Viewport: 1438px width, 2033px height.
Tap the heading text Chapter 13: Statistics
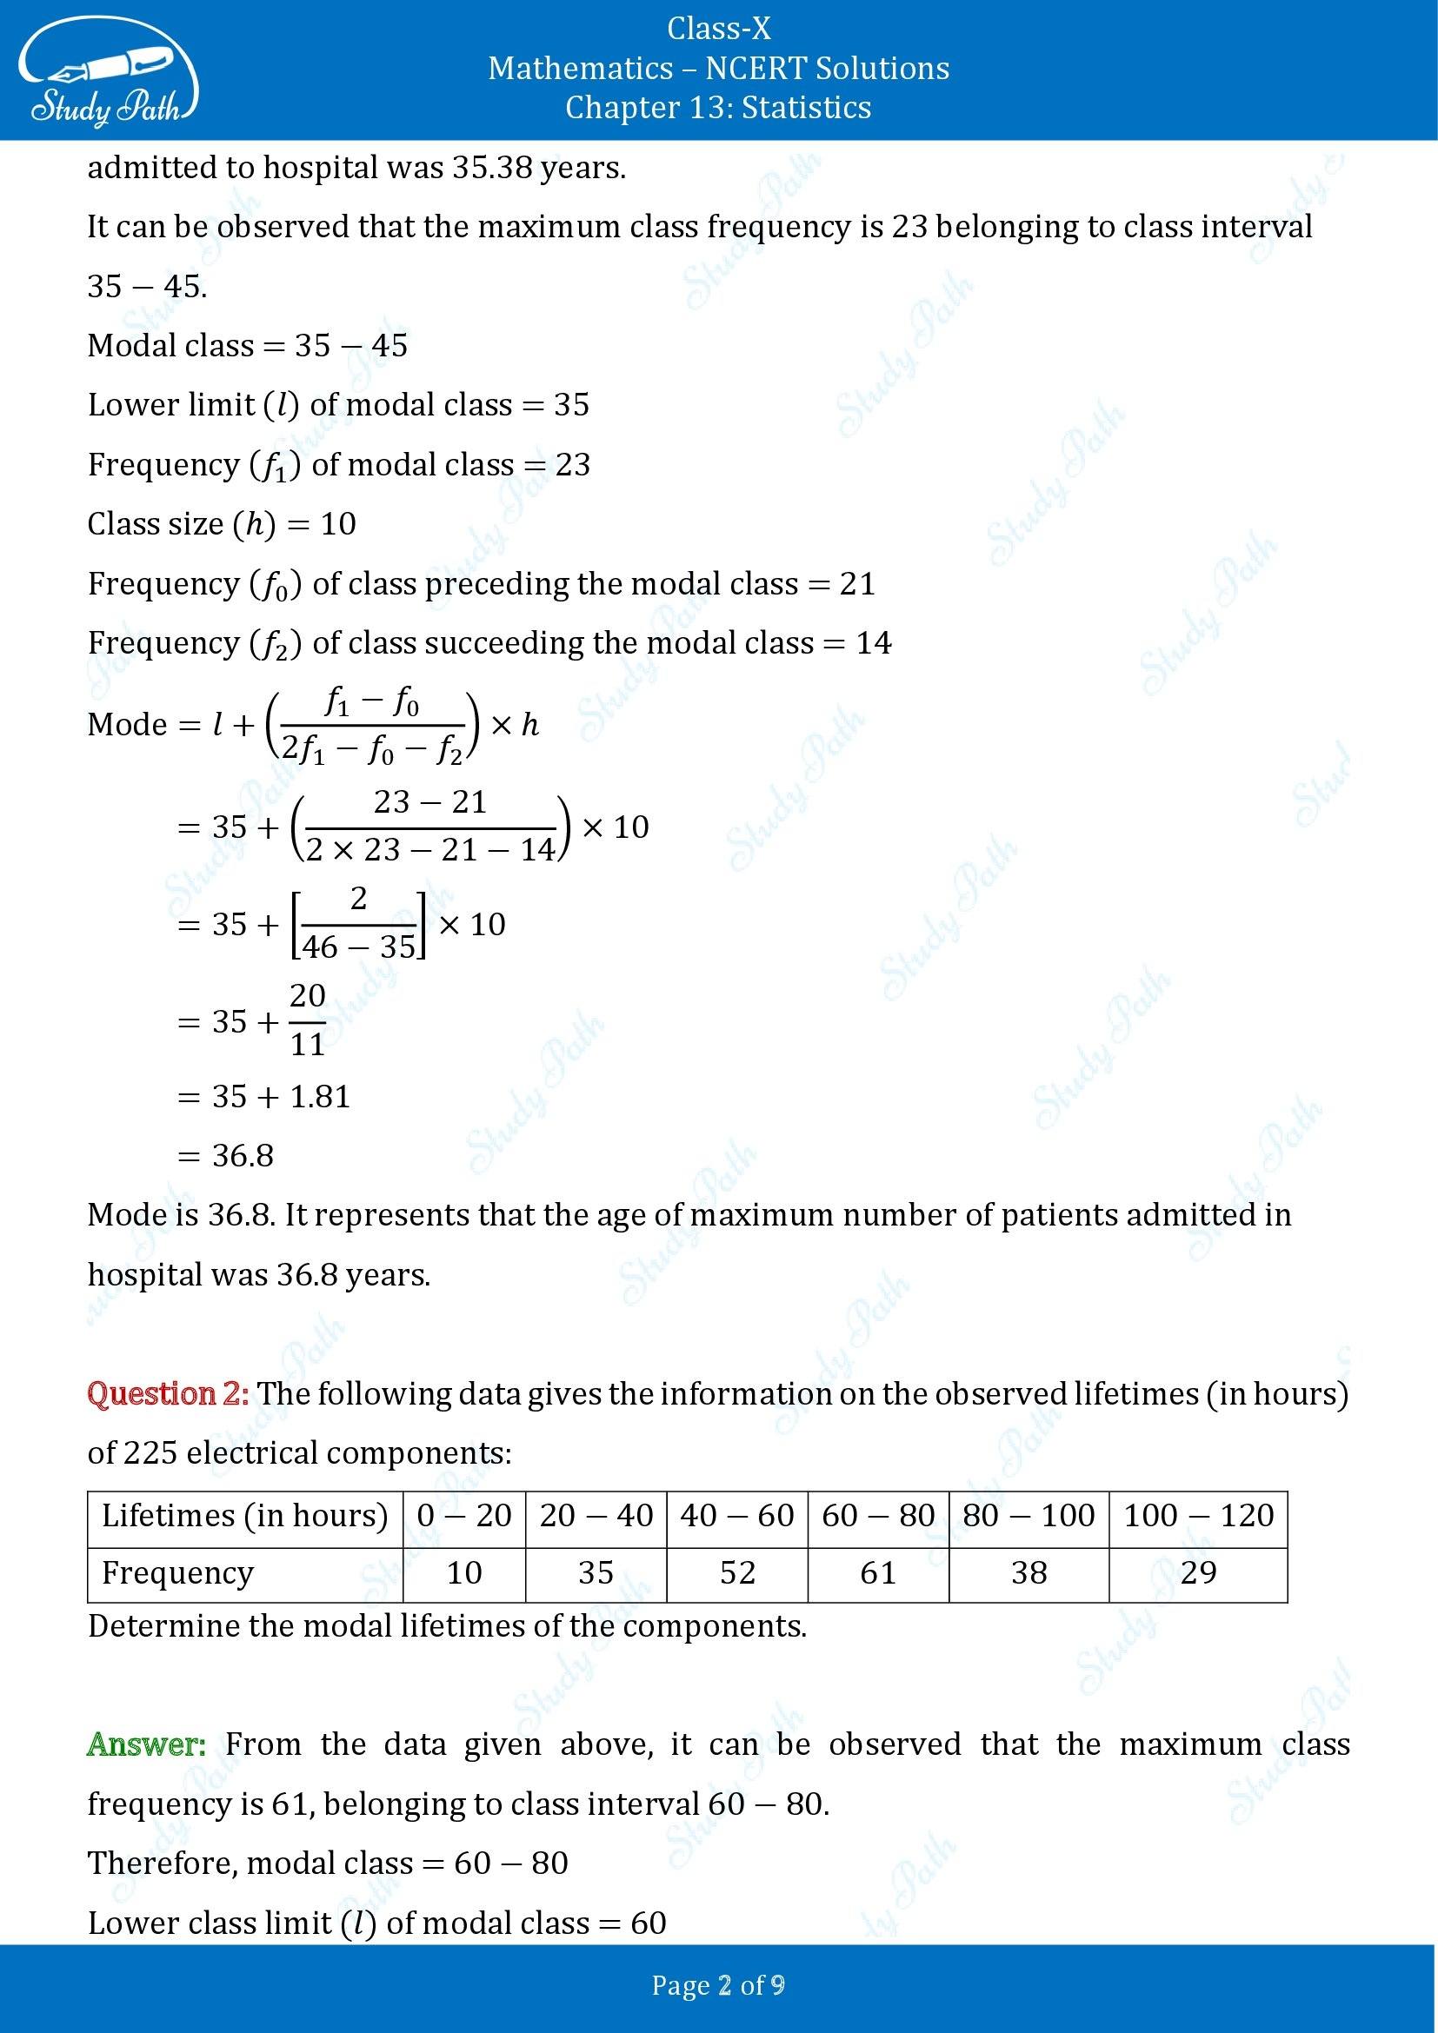click(718, 107)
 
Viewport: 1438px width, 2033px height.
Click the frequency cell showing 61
click(877, 1572)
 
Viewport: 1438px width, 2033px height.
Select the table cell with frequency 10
click(464, 1572)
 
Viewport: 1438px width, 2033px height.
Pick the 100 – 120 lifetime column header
click(1198, 1515)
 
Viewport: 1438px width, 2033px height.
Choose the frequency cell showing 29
click(1198, 1572)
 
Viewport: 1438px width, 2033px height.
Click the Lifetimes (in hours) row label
click(244, 1515)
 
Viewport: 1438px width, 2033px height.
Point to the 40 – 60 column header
click(736, 1515)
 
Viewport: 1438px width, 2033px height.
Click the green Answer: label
click(146, 1744)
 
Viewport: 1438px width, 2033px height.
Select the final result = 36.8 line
click(227, 1155)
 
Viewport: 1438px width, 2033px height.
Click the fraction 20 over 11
click(307, 1020)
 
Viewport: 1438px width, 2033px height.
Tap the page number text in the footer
click(718, 1985)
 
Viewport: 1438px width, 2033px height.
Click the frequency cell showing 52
click(736, 1572)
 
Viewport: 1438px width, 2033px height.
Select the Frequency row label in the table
click(178, 1572)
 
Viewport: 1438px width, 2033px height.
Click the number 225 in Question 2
click(150, 1453)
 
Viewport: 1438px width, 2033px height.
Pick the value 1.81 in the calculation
click(321, 1097)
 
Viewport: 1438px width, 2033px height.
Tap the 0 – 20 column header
click(464, 1515)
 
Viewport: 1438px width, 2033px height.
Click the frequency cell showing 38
click(1029, 1572)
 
